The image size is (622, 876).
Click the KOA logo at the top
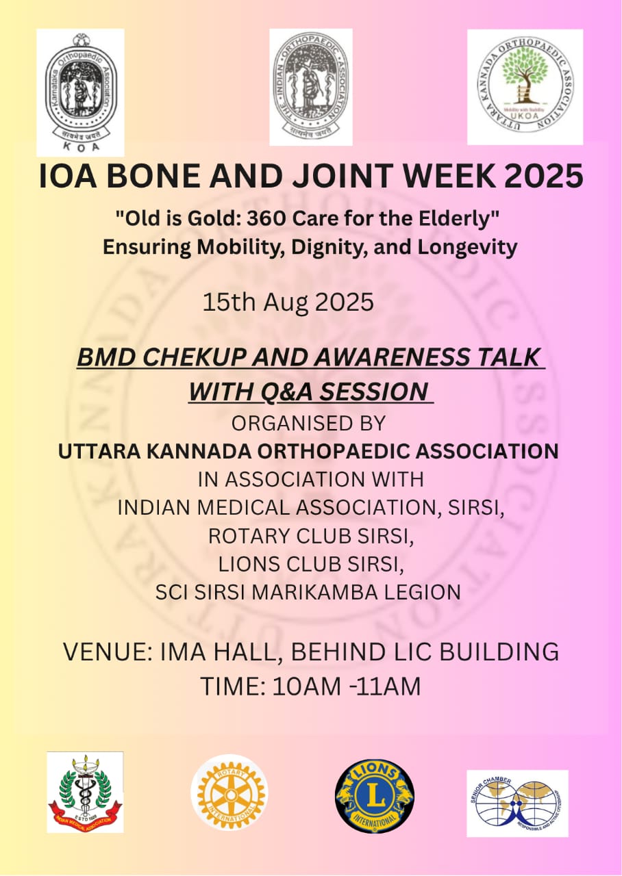80,92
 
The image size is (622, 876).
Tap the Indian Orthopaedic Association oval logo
310,87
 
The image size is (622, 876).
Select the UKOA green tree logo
525,87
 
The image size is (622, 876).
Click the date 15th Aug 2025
288,302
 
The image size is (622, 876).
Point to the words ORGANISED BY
308,424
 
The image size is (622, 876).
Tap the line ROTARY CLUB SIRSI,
311,535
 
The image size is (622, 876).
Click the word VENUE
102,652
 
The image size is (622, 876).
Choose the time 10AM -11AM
346,686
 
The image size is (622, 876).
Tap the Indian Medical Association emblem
85,792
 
